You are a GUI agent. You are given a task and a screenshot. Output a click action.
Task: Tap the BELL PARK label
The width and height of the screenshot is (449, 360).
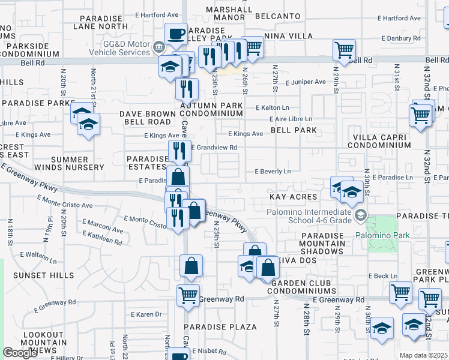point(293,130)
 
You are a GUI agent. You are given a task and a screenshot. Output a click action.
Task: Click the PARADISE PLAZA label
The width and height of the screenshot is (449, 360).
point(220,327)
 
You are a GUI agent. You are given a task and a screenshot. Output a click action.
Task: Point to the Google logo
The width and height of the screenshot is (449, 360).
point(20,353)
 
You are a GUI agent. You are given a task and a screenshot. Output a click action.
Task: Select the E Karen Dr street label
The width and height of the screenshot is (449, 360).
point(145,314)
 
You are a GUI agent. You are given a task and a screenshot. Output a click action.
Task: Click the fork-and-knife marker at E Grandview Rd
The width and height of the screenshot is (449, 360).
point(178,150)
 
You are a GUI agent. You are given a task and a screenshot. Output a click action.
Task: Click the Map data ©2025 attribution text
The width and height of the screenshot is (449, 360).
point(423,355)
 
